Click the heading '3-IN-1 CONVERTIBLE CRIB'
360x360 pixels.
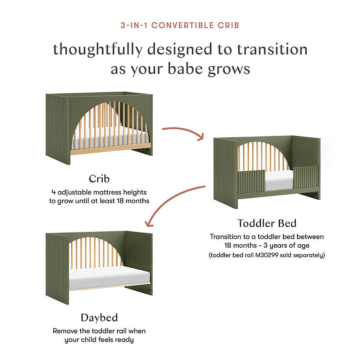point(180,25)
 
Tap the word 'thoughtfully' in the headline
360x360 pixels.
point(97,49)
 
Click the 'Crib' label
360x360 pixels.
point(99,178)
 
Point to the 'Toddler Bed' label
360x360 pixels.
point(267,223)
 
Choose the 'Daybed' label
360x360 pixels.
point(99,317)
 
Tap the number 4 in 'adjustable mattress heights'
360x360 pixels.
point(54,192)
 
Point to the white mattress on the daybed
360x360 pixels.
point(109,277)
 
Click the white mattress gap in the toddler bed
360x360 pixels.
point(279,180)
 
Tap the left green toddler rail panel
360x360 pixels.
point(251,182)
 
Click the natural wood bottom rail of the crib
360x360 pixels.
point(111,149)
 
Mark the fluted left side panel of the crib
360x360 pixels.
point(58,129)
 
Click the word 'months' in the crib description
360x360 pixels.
point(137,201)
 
